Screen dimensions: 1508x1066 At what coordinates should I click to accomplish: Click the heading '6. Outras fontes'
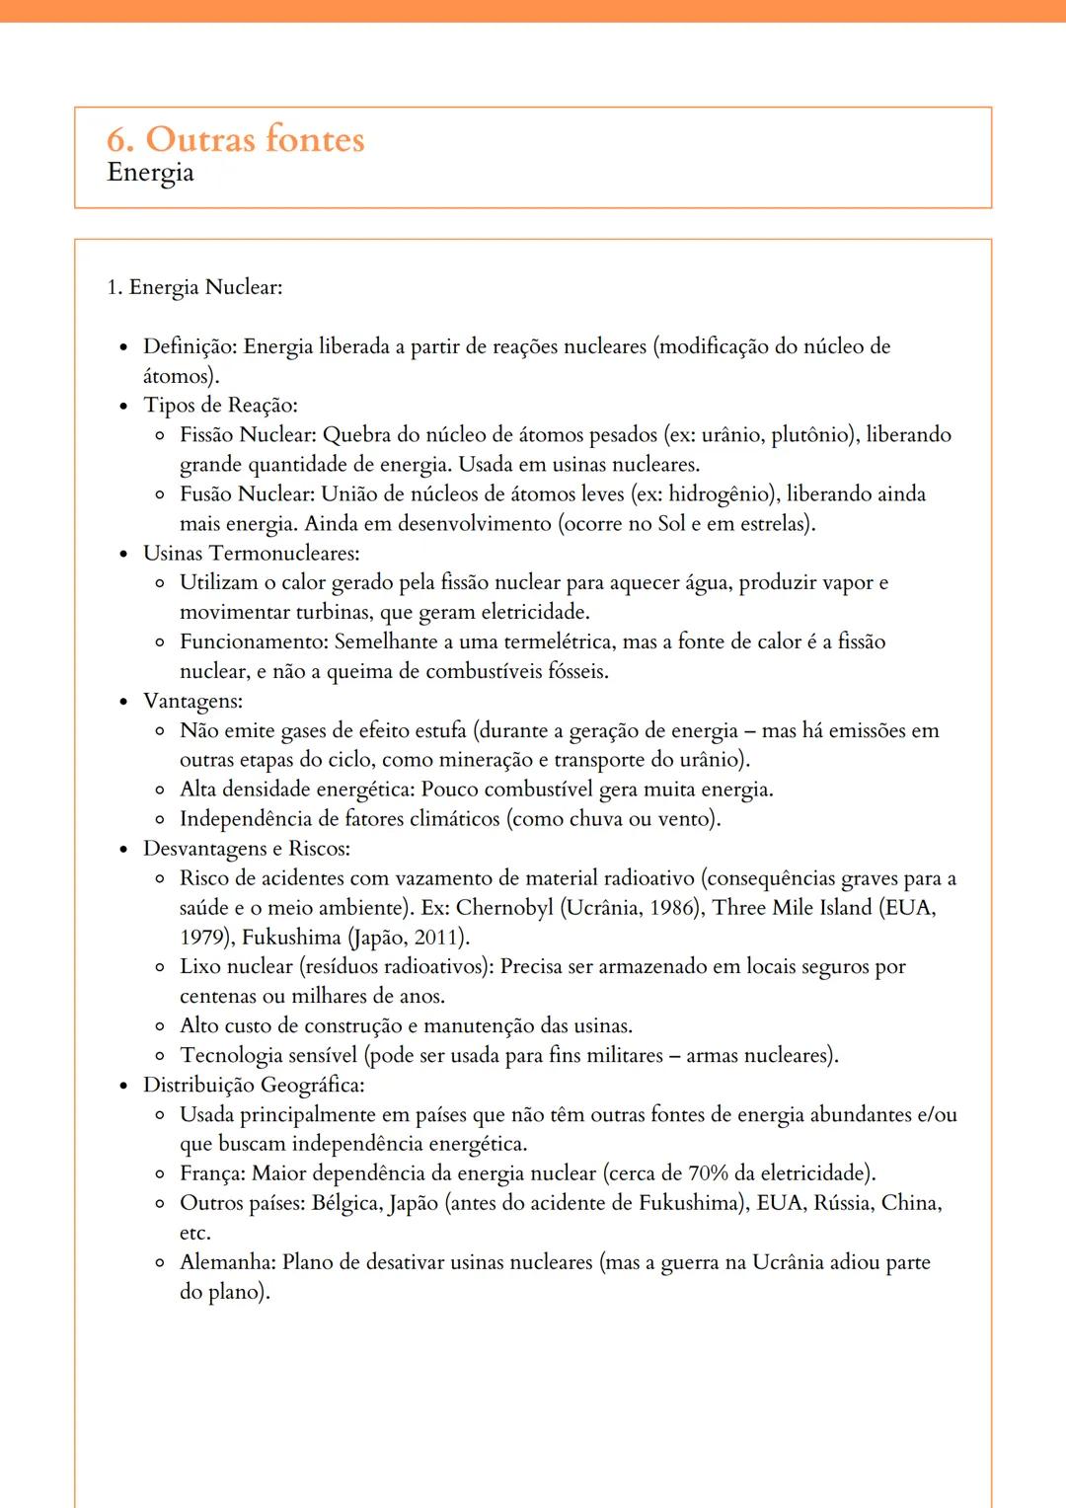[x=236, y=139]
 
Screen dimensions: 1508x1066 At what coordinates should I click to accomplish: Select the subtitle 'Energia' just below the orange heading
[x=150, y=173]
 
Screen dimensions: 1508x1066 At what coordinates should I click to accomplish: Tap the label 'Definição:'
[x=190, y=346]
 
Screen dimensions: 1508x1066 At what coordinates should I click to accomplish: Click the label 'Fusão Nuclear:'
[x=247, y=494]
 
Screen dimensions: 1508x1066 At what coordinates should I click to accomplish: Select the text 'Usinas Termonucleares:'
[x=251, y=554]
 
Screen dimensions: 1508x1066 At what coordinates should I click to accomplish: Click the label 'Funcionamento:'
[x=254, y=642]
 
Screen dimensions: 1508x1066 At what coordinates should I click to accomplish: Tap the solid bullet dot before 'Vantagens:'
[x=123, y=702]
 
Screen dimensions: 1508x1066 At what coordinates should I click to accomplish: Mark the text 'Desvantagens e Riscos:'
[x=246, y=849]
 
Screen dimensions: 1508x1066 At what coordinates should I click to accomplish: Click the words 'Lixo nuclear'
[x=236, y=967]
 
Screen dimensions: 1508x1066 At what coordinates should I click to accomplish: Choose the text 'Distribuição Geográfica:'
[x=254, y=1086]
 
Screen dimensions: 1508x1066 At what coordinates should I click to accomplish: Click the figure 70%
[x=708, y=1173]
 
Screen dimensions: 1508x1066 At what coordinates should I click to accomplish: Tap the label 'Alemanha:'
[x=228, y=1262]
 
